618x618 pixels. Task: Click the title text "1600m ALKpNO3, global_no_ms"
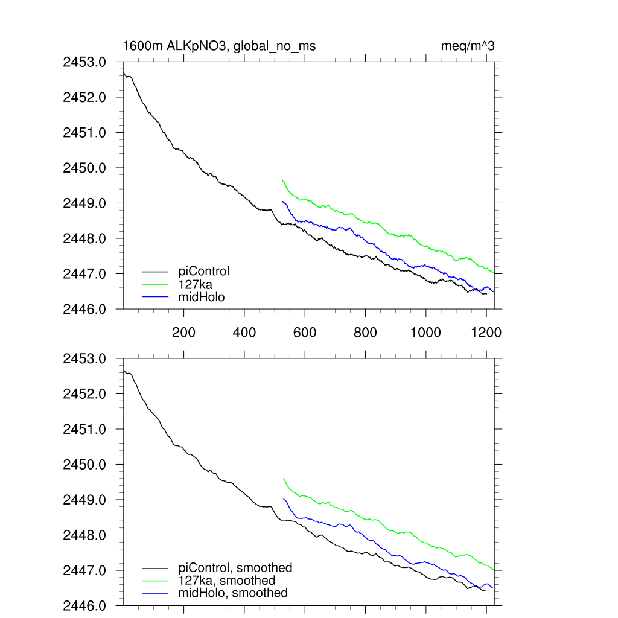(219, 46)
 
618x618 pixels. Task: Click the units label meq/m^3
(468, 46)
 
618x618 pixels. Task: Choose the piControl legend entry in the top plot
(204, 272)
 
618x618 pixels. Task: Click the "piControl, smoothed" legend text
(235, 568)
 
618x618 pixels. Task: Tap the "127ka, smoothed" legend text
(227, 581)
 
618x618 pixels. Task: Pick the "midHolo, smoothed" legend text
(233, 593)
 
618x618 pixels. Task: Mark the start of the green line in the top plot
(282, 180)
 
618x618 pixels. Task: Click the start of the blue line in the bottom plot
(282, 499)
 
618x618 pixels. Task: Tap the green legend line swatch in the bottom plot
(156, 581)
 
